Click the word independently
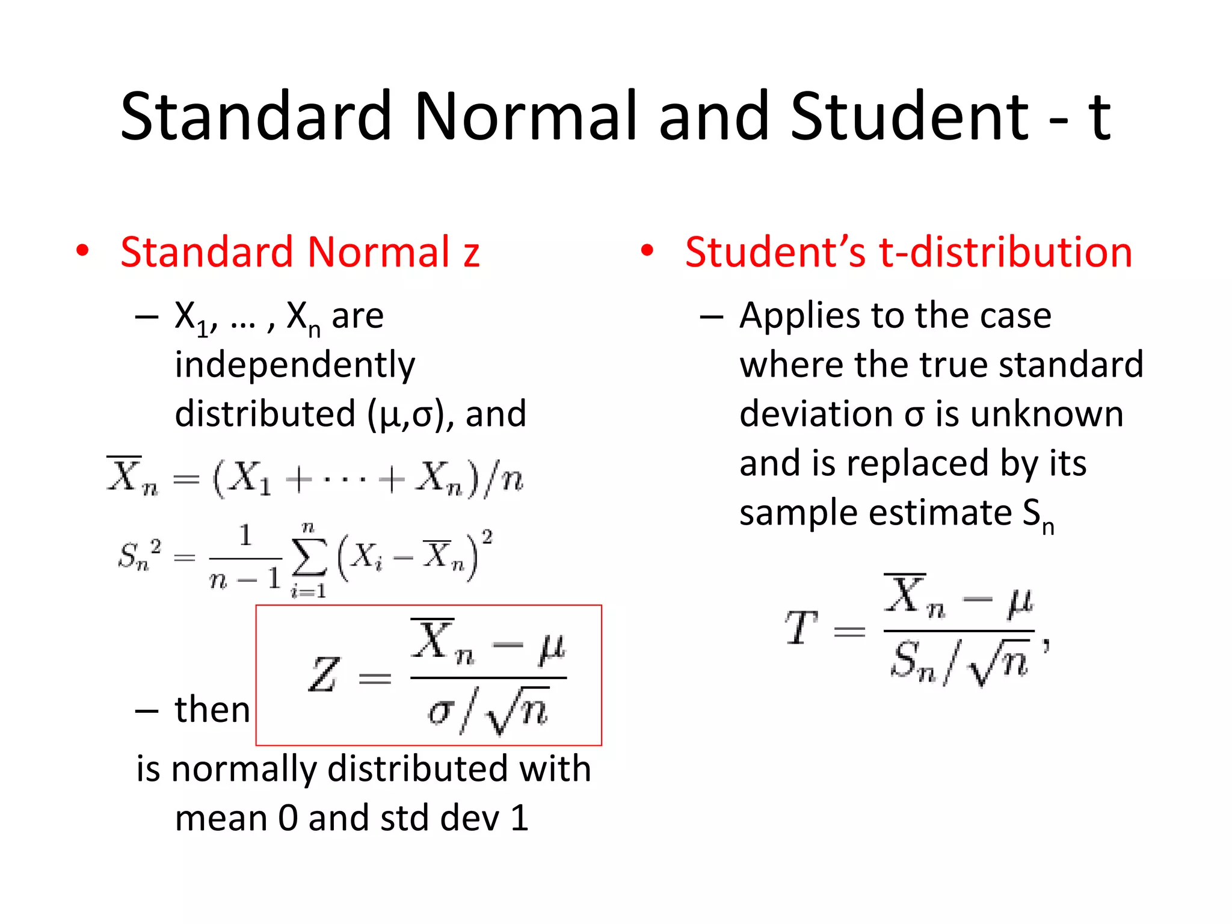coord(295,366)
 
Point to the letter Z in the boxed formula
coord(324,675)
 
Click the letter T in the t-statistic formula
coord(801,628)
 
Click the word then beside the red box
coord(212,710)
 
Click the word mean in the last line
coord(221,819)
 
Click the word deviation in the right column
coord(816,414)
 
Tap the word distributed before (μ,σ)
coord(265,414)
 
